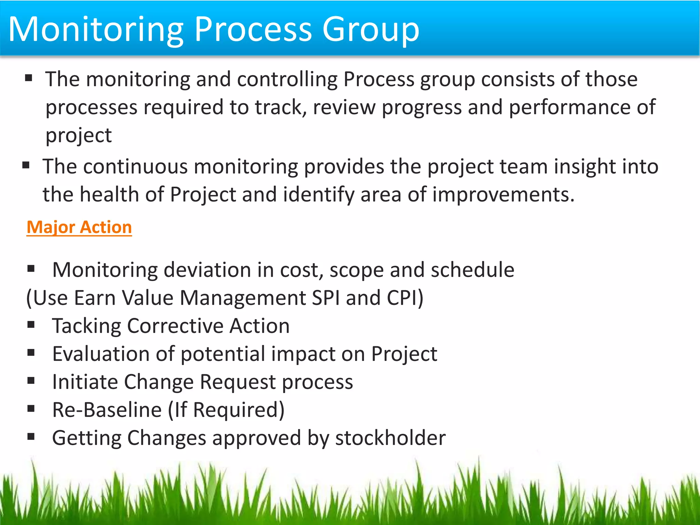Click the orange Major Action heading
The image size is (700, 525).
pos(79,227)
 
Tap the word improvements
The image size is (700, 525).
pos(503,195)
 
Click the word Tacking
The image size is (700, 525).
pos(86,326)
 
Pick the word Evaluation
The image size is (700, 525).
pos(101,354)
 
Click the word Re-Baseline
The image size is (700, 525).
pos(107,410)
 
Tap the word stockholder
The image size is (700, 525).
pos(390,438)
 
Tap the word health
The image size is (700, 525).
pos(109,195)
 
